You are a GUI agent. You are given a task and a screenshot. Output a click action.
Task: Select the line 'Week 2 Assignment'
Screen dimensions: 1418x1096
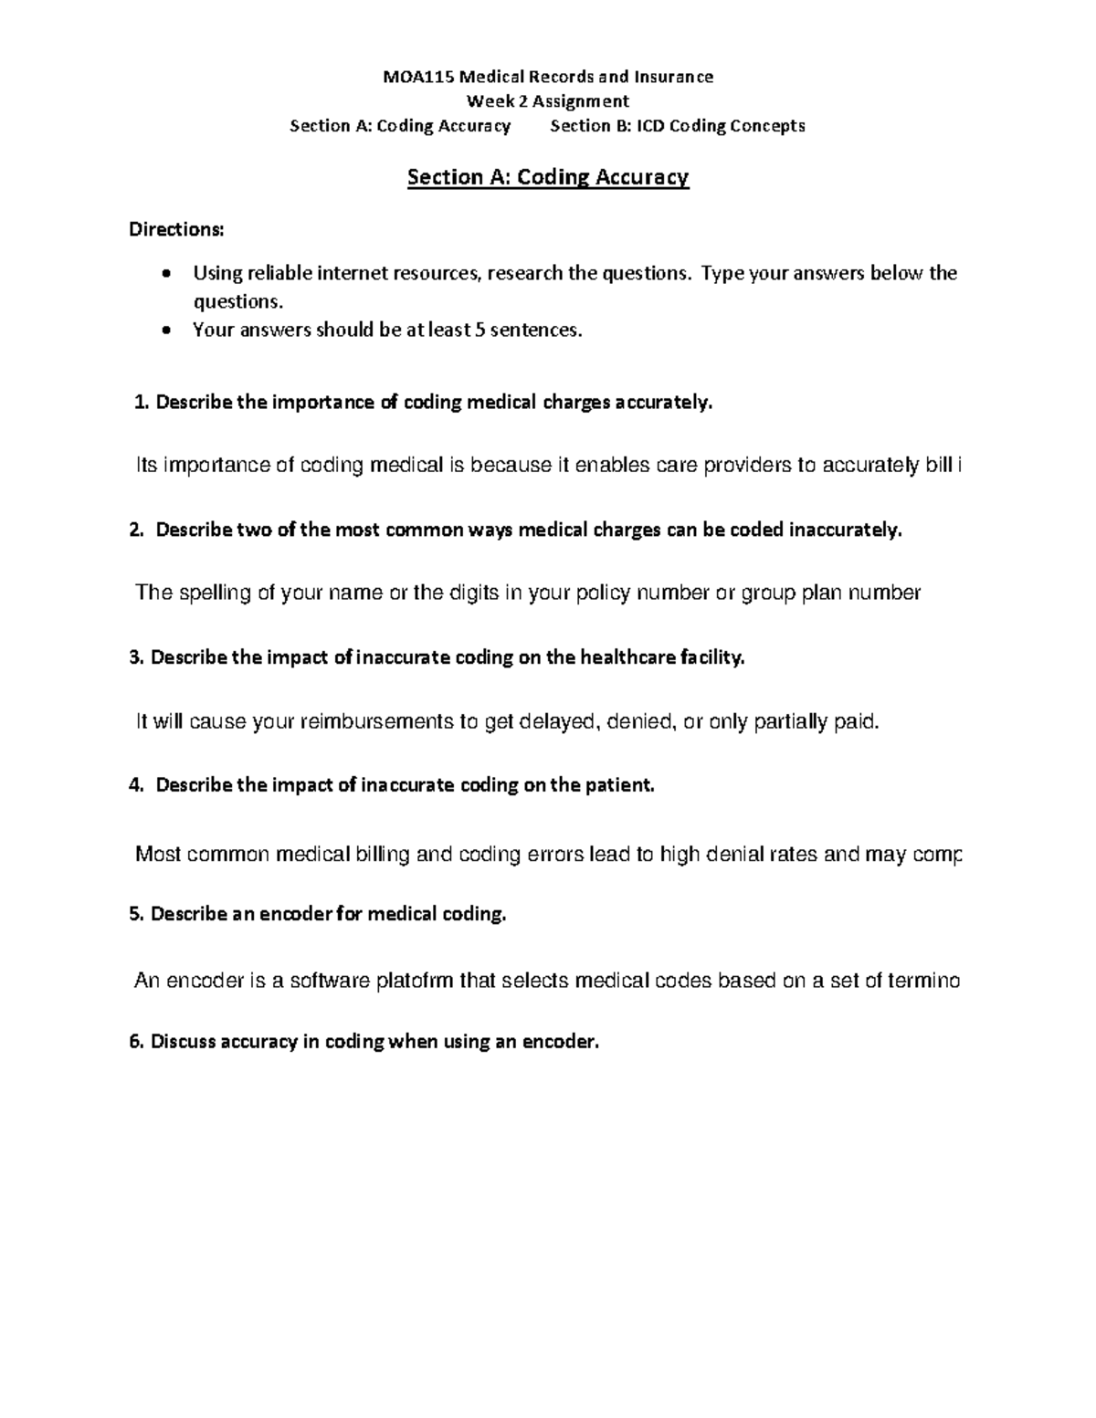click(547, 101)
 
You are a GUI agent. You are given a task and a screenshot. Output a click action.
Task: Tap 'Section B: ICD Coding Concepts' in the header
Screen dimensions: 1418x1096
click(677, 126)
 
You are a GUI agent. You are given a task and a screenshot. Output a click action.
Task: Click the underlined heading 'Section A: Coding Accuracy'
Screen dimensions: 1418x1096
click(547, 177)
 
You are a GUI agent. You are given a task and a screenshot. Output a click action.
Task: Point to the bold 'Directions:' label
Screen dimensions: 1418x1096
click(175, 229)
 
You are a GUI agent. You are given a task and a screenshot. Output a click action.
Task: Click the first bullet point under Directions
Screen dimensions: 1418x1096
click(165, 274)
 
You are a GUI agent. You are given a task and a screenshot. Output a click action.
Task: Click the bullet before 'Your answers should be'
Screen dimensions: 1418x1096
click(165, 331)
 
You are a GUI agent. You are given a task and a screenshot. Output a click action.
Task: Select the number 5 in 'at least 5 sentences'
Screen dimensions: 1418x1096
click(480, 330)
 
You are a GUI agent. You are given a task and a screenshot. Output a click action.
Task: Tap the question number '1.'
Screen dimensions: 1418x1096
click(141, 403)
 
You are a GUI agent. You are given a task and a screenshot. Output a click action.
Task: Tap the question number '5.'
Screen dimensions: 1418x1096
click(138, 914)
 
